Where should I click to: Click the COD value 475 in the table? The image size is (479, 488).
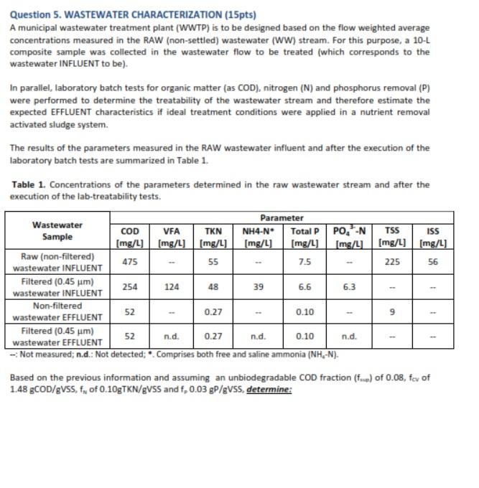[129, 262]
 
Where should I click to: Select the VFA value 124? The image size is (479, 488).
[172, 287]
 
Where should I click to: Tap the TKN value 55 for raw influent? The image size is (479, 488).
[213, 262]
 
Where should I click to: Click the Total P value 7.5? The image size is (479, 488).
[304, 262]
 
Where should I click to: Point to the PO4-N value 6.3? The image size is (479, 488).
[350, 287]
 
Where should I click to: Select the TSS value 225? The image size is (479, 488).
[392, 262]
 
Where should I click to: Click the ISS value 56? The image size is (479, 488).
[432, 262]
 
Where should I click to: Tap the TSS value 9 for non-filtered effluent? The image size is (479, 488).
[392, 311]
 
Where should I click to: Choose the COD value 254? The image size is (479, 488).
[129, 287]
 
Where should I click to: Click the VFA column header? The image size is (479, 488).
[172, 231]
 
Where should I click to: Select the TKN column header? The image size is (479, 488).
[213, 231]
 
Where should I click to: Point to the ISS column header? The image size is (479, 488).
[432, 231]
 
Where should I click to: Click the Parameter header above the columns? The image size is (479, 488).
[282, 217]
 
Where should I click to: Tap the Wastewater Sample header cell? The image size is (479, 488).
[57, 230]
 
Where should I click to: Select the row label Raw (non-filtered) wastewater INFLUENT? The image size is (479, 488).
[57, 262]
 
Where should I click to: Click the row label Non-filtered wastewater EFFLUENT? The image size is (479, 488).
[57, 311]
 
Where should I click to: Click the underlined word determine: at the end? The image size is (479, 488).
[269, 390]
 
